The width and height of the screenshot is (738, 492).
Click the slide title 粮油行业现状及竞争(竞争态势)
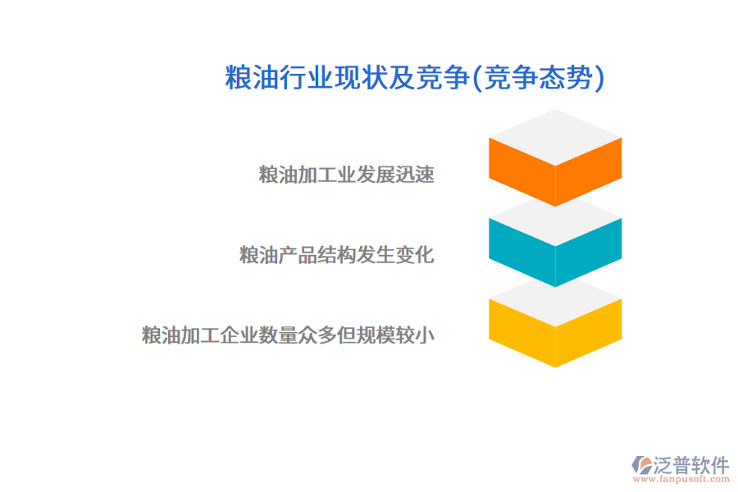(x=415, y=78)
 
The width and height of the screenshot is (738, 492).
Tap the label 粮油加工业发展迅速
(x=346, y=175)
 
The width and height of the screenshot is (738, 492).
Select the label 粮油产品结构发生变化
(x=336, y=255)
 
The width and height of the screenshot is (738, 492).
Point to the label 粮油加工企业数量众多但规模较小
(x=288, y=335)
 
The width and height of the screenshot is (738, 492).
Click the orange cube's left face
(x=522, y=172)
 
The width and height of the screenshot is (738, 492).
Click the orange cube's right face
(x=589, y=172)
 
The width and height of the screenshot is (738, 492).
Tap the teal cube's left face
(x=522, y=252)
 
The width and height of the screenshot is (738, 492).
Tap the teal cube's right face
(x=589, y=252)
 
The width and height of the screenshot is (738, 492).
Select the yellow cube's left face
(x=522, y=332)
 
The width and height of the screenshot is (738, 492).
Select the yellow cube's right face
(x=589, y=332)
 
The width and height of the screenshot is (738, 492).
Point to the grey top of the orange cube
(x=555, y=136)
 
